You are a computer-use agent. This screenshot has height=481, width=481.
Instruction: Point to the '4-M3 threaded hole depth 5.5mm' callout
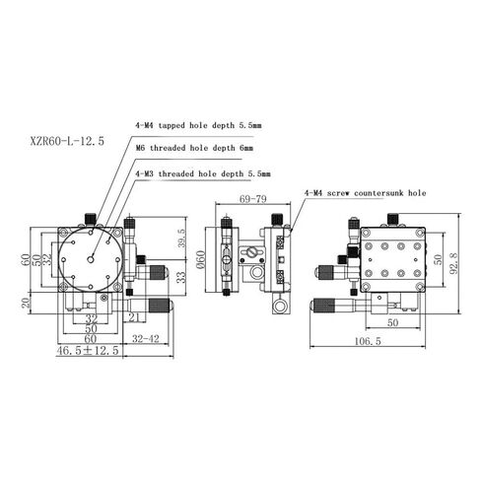click(x=201, y=172)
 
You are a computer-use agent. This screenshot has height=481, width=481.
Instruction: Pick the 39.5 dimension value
click(x=180, y=243)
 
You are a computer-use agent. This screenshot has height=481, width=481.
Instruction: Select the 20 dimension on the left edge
click(x=28, y=304)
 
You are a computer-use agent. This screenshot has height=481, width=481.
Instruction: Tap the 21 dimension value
click(x=134, y=316)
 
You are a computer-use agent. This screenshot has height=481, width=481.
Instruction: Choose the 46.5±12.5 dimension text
click(x=88, y=349)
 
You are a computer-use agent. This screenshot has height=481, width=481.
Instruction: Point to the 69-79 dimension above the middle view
click(x=252, y=200)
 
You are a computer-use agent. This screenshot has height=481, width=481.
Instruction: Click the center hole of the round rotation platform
click(x=91, y=258)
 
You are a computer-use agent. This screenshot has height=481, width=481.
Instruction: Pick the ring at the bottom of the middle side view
click(x=283, y=309)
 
